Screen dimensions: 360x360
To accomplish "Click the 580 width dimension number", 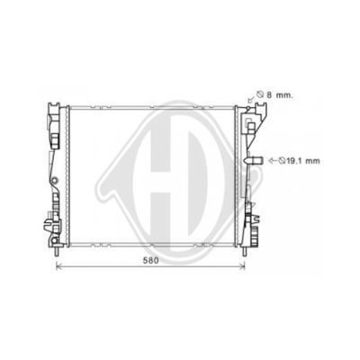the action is point(150,261).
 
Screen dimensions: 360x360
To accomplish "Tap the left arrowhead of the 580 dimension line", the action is point(58,265).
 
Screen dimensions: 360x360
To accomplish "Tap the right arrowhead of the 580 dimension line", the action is point(243,265).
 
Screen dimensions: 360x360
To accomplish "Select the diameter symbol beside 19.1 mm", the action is point(282,161).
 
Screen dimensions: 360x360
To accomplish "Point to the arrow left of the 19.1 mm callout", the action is point(272,161).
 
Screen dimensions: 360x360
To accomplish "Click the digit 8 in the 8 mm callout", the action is point(269,95).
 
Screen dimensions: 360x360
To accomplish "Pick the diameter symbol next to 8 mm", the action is point(260,95).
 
